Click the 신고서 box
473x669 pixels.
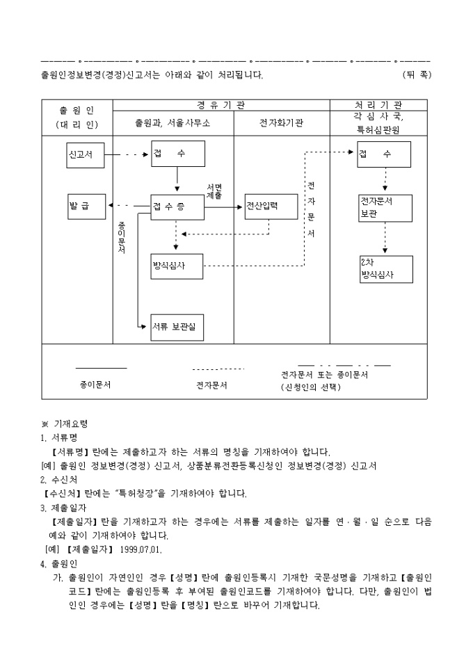85,154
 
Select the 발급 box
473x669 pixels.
85,206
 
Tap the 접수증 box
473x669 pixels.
177,206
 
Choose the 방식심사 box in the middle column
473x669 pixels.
177,266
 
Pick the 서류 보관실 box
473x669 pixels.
177,327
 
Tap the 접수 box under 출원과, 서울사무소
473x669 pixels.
177,154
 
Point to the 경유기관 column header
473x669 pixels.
221,105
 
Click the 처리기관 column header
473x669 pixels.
378,105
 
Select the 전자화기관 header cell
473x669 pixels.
281,123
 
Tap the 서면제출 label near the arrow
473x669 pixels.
214,192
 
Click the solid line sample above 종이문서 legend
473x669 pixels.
101,368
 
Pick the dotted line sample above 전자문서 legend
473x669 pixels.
218,369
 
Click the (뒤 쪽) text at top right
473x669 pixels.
416,74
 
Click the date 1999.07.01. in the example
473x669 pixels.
141,549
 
